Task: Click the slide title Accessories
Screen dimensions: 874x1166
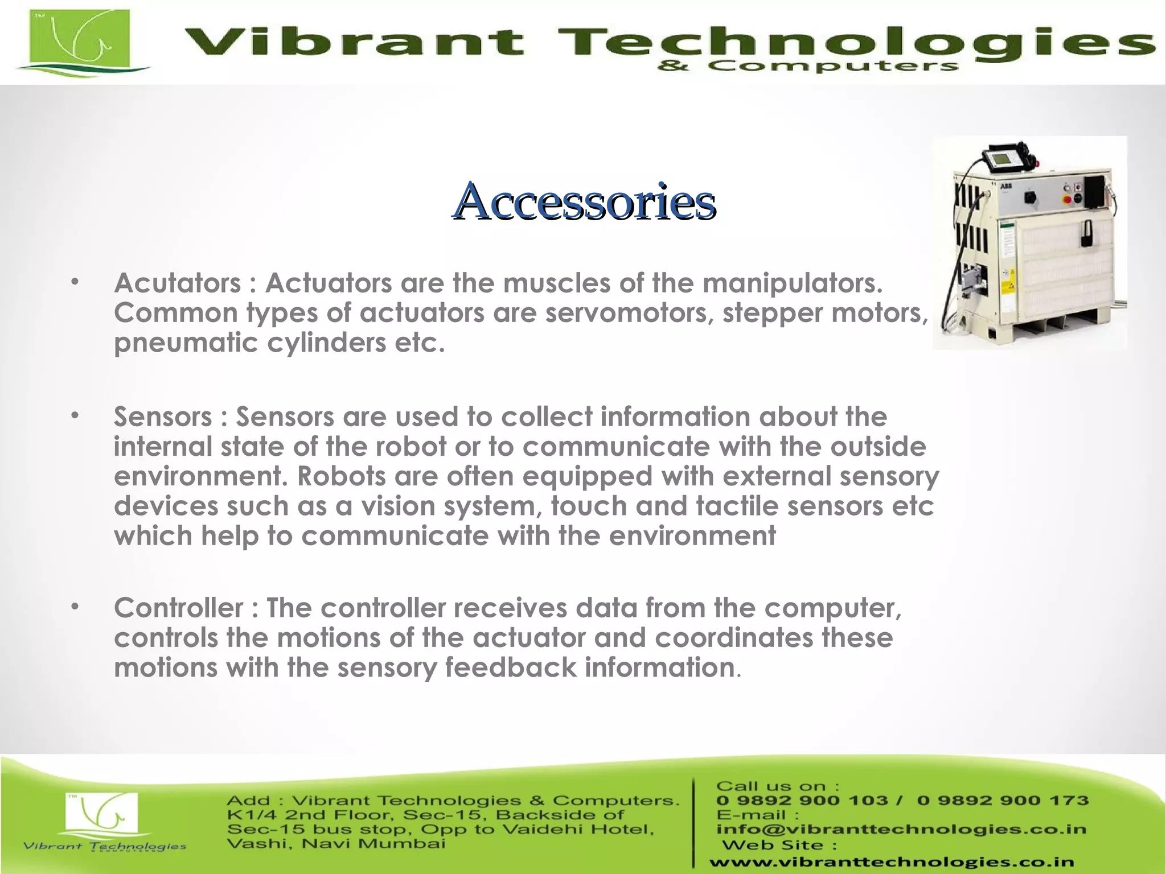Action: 584,201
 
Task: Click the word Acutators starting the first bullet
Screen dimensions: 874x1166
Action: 178,283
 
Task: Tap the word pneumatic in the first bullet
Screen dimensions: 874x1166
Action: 186,343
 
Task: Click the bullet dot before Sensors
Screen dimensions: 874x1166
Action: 74,416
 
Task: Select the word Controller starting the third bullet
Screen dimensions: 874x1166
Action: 179,608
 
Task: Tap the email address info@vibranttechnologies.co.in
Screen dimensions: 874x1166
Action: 901,829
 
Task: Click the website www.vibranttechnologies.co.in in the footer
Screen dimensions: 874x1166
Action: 892,863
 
